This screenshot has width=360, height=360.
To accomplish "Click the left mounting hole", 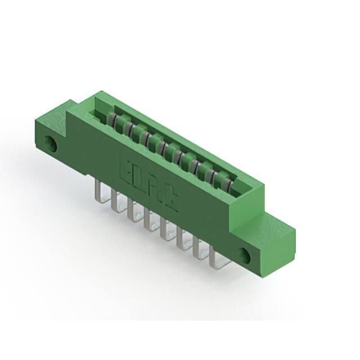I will point(53,144).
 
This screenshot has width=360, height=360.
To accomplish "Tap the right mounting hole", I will point(246,255).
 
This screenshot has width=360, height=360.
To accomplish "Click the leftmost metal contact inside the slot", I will point(112,119).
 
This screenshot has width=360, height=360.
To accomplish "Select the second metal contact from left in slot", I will point(124,126).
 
